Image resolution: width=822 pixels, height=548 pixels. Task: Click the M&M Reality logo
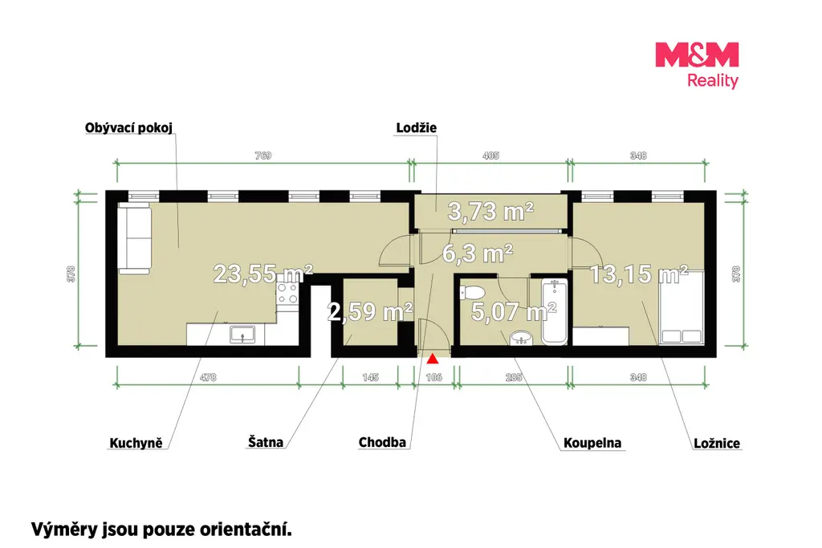697,65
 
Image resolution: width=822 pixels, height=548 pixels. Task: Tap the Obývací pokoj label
128,128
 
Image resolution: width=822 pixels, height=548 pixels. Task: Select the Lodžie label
417,128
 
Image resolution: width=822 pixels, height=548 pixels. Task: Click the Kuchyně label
136,443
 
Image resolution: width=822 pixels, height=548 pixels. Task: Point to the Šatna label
265,442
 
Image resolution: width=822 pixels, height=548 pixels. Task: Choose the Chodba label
382,442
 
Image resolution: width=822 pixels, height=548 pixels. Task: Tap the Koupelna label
592,443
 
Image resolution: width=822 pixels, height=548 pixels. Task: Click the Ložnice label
717,443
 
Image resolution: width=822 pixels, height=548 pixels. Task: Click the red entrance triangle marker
432,359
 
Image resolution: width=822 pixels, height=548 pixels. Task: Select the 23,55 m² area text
262,274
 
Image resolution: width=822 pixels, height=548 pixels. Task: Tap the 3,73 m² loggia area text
490,211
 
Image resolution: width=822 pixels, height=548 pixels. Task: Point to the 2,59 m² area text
369,312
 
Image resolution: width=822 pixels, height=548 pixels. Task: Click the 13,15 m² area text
638,274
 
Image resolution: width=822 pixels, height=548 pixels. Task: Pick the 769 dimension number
263,156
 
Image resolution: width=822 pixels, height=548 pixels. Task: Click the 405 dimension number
490,156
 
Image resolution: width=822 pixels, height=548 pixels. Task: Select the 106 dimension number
434,377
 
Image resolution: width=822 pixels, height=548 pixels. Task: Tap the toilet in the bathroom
473,292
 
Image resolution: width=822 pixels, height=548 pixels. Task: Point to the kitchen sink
242,335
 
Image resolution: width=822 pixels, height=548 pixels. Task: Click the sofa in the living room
135,238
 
